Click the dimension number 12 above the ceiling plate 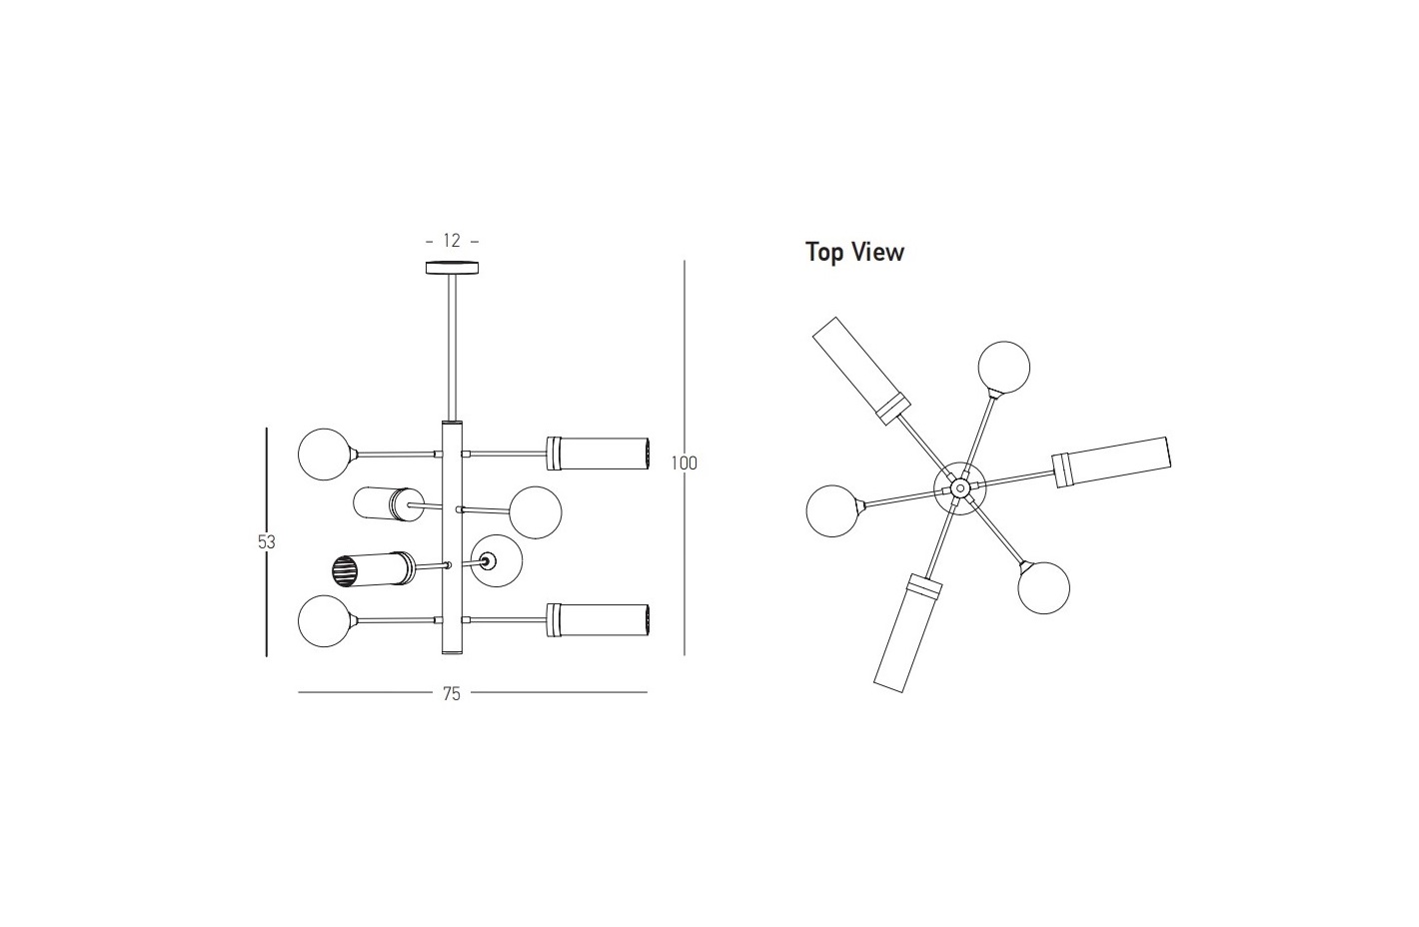(452, 241)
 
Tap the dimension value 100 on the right (685, 463)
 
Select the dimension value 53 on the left (267, 542)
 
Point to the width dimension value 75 (451, 694)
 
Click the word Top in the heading (823, 253)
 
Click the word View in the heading (877, 252)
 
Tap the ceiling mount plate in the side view (452, 268)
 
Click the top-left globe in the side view (324, 454)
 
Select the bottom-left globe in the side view (324, 621)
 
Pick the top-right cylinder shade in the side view (598, 454)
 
